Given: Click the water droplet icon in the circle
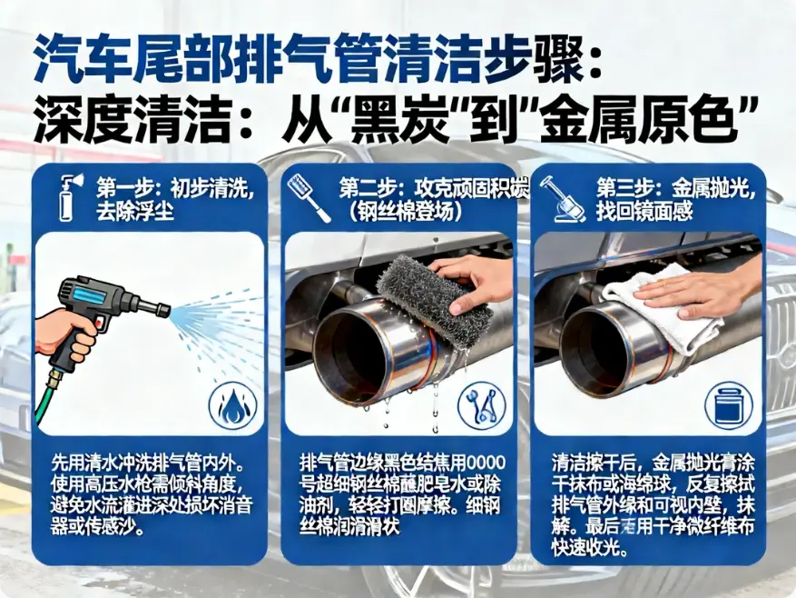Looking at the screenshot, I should click(232, 406).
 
